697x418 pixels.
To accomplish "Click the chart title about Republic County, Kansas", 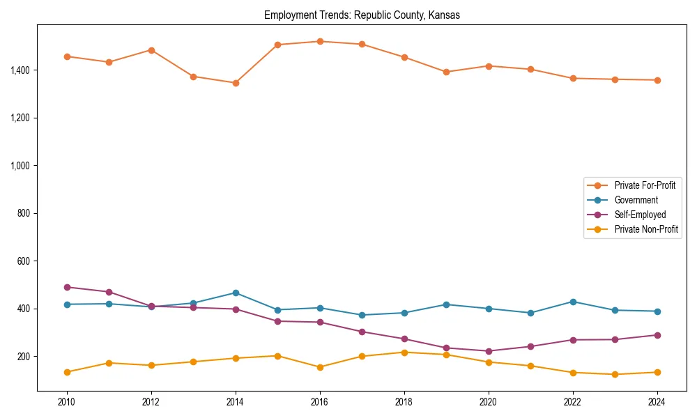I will click(x=362, y=15).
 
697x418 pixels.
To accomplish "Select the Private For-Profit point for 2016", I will click(x=320, y=41).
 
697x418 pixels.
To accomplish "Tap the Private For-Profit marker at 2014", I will click(x=236, y=83).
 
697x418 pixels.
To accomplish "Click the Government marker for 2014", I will click(x=236, y=293).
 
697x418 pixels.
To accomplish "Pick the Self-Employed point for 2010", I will click(x=67, y=287).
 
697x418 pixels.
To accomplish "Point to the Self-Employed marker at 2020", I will click(x=489, y=351).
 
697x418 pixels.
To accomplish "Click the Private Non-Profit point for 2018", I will click(x=404, y=352).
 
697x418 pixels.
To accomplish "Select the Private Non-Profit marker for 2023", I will click(x=615, y=374).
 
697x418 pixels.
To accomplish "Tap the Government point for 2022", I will click(x=573, y=302).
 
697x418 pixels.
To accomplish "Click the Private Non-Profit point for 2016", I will click(x=320, y=367).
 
